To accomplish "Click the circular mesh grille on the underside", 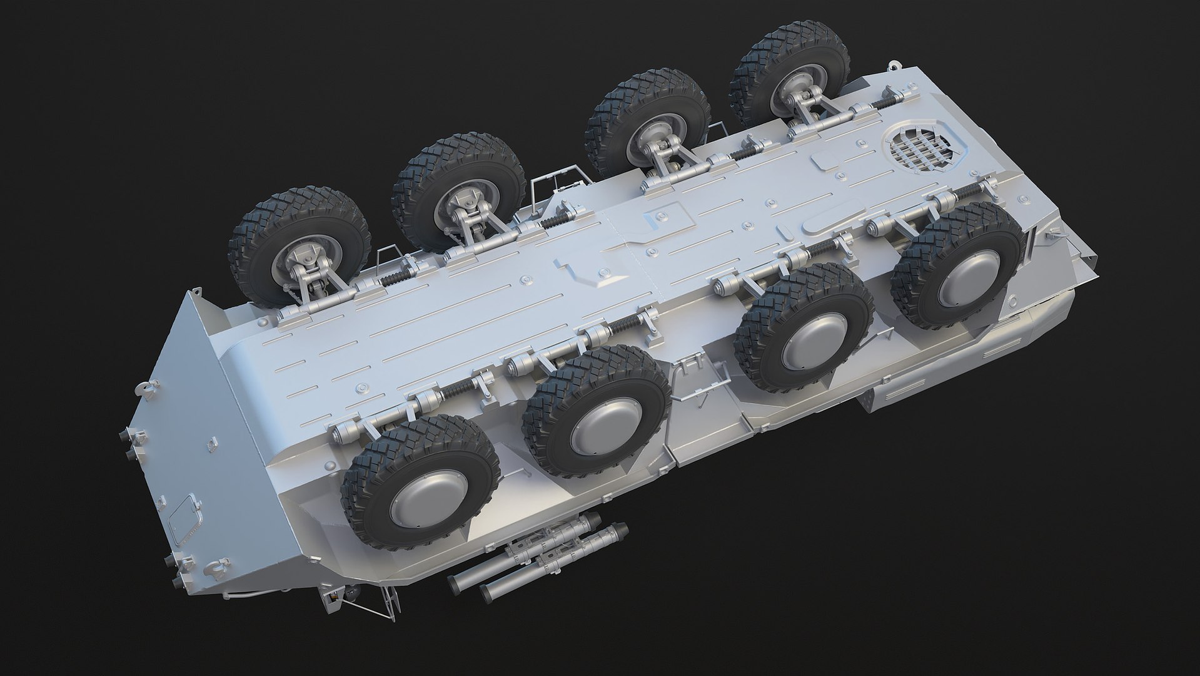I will (x=919, y=151).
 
